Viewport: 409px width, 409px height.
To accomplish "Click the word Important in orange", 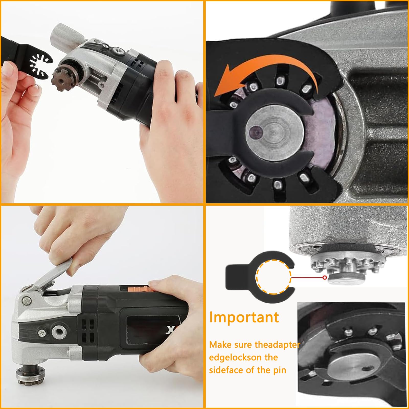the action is coord(244,317).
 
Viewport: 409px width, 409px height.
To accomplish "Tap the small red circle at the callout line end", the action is coord(325,278).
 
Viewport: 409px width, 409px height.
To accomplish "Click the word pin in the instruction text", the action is coord(277,370).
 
